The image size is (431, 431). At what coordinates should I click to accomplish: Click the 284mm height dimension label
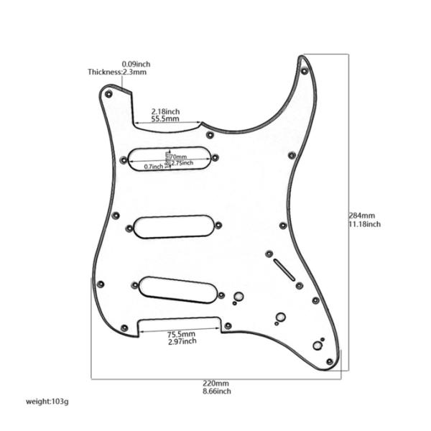pyautogui.click(x=361, y=215)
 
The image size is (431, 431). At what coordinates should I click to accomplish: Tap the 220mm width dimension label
pyautogui.click(x=215, y=383)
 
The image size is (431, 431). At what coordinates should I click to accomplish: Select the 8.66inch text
pyautogui.click(x=217, y=391)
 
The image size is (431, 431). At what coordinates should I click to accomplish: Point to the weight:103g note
pyautogui.click(x=47, y=402)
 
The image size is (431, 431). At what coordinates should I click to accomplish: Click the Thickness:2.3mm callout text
pyautogui.click(x=117, y=72)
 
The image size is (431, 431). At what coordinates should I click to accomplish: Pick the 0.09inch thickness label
pyautogui.click(x=136, y=64)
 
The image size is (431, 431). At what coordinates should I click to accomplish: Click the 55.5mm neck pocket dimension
pyautogui.click(x=165, y=119)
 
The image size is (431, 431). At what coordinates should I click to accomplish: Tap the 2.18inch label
pyautogui.click(x=165, y=111)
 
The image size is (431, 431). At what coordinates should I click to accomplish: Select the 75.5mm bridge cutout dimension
pyautogui.click(x=182, y=334)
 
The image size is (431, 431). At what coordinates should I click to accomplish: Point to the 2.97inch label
pyautogui.click(x=182, y=341)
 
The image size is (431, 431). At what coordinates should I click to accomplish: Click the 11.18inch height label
pyautogui.click(x=364, y=224)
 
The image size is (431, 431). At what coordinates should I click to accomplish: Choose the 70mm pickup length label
pyautogui.click(x=179, y=157)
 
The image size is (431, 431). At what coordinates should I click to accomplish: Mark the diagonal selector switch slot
pyautogui.click(x=284, y=270)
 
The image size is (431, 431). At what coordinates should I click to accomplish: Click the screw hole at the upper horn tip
pyautogui.click(x=304, y=71)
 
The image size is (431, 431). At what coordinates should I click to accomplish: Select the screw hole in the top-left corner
pyautogui.click(x=108, y=94)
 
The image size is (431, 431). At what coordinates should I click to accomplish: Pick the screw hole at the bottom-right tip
pyautogui.click(x=329, y=361)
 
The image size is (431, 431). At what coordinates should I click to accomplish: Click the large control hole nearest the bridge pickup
pyautogui.click(x=238, y=296)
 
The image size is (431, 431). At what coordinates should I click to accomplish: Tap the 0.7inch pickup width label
pyautogui.click(x=154, y=167)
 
